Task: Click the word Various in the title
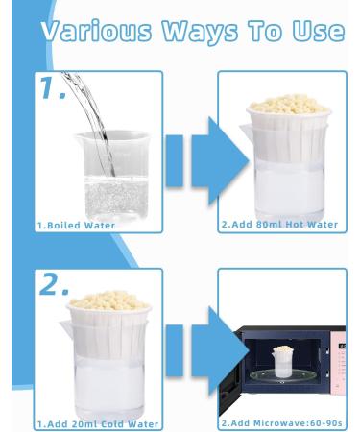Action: coord(96,31)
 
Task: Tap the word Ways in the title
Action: coord(200,32)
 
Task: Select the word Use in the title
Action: coord(319,31)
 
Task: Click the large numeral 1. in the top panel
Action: coord(52,87)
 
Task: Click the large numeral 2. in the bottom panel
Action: coord(54,284)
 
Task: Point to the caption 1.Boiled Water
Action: coord(76,226)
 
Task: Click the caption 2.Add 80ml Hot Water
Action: coord(279,225)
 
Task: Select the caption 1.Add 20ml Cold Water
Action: coord(98,424)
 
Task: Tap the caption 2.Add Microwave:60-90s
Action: coord(282,423)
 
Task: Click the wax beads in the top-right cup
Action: coord(289,104)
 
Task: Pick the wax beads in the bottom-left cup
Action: coord(109,300)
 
